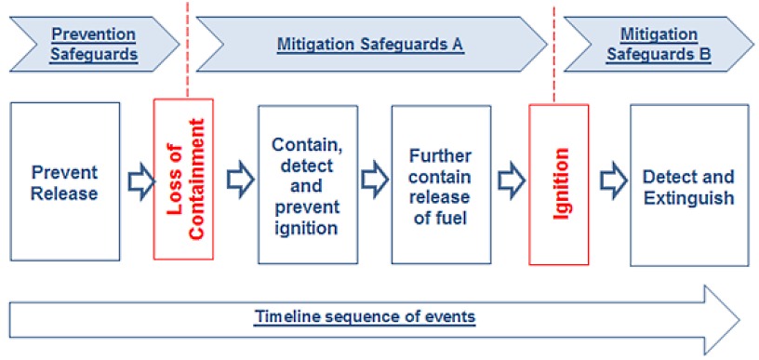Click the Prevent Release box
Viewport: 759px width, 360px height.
click(x=65, y=182)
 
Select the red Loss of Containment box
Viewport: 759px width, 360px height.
click(x=183, y=179)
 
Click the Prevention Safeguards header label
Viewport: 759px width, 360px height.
click(x=93, y=44)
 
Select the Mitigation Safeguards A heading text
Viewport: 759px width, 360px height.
click(x=370, y=43)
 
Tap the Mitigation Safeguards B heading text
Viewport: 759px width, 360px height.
click(x=659, y=44)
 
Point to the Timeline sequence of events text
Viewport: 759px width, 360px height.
click(x=366, y=317)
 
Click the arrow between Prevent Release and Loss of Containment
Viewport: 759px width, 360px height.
click(x=138, y=179)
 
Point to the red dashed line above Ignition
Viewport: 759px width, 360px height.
click(x=554, y=51)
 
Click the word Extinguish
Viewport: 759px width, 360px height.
click(x=688, y=197)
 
